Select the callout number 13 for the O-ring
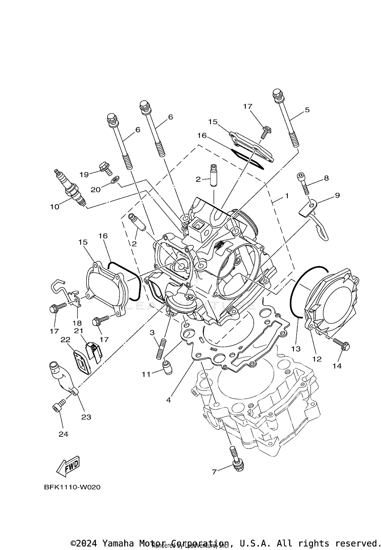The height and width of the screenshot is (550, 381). pos(296,349)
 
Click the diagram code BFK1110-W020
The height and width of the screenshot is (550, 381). pos(72,487)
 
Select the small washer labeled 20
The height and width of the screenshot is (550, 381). pos(115,180)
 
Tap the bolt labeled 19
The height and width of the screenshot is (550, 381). pos(106,168)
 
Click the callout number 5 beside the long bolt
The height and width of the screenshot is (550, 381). pos(307,110)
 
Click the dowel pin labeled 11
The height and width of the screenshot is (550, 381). pos(167,368)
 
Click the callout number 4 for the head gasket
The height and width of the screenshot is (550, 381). pos(168,400)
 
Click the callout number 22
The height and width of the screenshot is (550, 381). pos(65,340)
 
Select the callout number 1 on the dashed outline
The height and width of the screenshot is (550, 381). pos(287,196)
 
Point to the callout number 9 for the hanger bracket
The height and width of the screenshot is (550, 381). pos(337,195)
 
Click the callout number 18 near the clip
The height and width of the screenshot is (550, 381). pos(77,323)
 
